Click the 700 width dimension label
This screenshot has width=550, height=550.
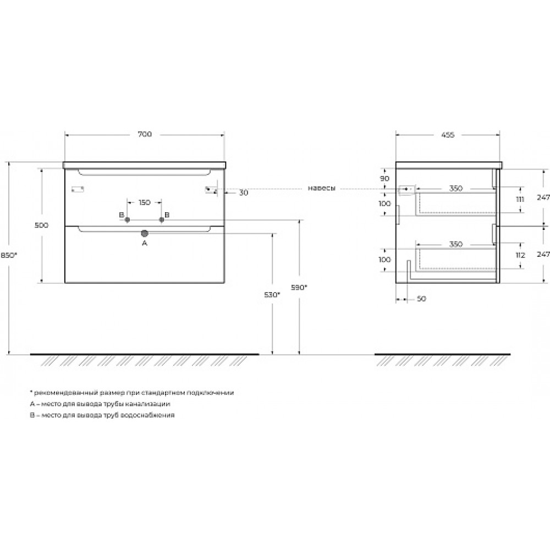coord(145,134)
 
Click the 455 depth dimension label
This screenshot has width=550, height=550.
coord(448,135)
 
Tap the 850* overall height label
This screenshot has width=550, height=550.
coord(8,255)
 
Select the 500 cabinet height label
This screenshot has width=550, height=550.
coord(41,225)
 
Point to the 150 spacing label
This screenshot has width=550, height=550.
coord(145,202)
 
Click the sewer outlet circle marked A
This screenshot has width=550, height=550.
coord(145,233)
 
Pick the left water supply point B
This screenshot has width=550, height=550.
coord(128,219)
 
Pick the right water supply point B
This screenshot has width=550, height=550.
coord(161,219)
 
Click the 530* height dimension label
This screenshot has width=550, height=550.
coord(272,295)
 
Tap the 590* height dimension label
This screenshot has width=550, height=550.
coord(299,287)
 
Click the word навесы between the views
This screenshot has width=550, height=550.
coord(322,188)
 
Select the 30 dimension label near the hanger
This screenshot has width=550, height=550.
coord(244,193)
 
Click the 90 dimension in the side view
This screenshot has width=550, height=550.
coord(385,179)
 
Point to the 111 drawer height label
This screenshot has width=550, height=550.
coord(520,199)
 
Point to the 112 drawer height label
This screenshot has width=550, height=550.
coord(520,255)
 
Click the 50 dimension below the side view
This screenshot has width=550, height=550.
coord(422,299)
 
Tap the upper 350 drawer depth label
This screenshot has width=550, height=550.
coord(456,188)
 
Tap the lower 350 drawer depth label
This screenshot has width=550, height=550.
coord(456,244)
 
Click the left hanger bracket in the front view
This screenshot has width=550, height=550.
coord(78,189)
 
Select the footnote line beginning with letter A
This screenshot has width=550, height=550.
coord(100,404)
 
